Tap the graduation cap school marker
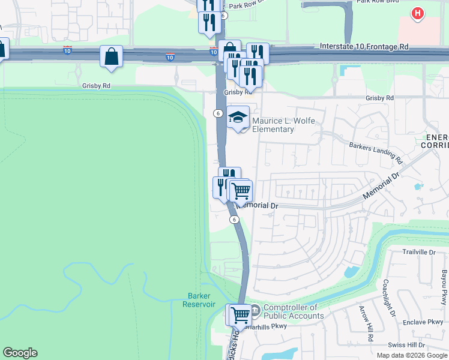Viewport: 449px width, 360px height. [x=238, y=118]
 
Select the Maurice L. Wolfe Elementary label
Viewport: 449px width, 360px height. [x=273, y=125]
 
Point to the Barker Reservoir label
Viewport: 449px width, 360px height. [x=199, y=300]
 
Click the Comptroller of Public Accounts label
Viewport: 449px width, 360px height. [x=294, y=312]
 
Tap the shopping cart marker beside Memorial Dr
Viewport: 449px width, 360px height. [x=241, y=191]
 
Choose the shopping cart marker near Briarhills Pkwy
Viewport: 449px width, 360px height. [x=240, y=314]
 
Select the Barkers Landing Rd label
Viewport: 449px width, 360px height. [x=376, y=152]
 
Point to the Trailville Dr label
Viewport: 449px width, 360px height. [x=418, y=253]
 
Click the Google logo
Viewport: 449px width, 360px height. [x=20, y=353]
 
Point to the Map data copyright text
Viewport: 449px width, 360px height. [x=412, y=355]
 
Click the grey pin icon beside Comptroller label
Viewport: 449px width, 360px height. [x=255, y=310]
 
